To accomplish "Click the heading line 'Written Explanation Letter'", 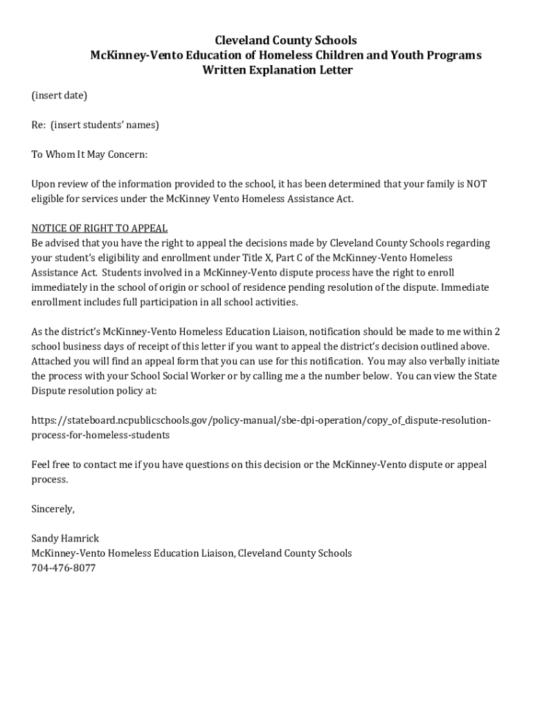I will coord(277,71).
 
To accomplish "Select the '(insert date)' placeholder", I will coord(59,96).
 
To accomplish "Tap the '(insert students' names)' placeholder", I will coord(105,125).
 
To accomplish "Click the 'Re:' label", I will coord(39,125).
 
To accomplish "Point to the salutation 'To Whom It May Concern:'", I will coord(89,154).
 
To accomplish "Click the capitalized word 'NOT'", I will coord(476,184).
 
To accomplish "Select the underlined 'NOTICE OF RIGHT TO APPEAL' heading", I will coord(100,228).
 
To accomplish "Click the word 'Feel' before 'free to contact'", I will coord(41,465).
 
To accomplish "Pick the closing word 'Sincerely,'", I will coord(53,509).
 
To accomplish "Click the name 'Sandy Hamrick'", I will coord(65,538).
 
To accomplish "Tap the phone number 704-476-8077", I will coord(63,568).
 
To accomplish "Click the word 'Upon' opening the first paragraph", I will coord(43,184).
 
